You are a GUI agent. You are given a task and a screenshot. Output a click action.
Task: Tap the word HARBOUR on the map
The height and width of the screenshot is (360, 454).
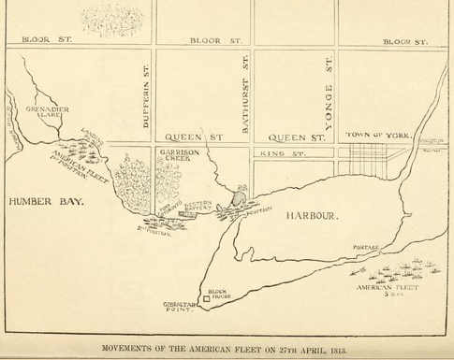click(314, 216)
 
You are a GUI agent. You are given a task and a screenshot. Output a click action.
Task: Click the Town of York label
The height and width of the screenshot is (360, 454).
click(378, 136)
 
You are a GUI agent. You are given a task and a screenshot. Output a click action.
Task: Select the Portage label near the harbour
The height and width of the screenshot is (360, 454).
click(366, 249)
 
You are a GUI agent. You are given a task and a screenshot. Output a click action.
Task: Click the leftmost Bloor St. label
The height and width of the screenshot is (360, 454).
click(46, 41)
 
